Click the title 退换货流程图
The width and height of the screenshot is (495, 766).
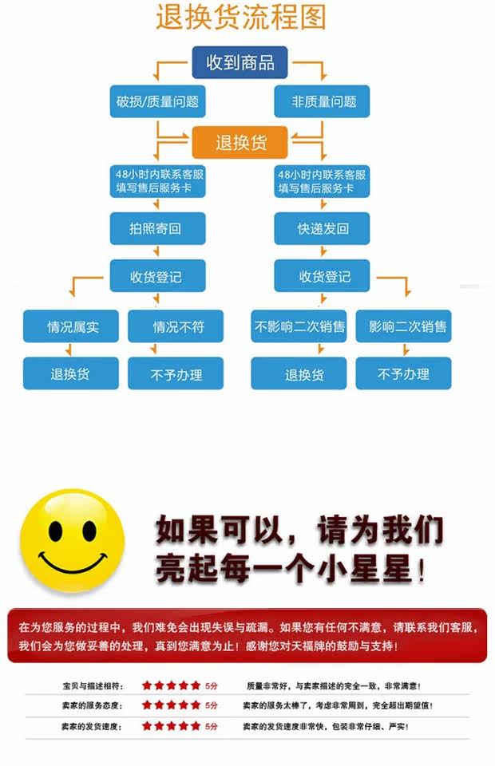pos(240,18)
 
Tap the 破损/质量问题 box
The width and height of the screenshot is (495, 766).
pos(157,101)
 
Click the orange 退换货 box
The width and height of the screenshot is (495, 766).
pos(240,143)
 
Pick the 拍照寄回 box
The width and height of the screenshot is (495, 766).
pos(156,228)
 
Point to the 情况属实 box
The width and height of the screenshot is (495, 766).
pos(72,326)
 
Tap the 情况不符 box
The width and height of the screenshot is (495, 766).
pos(177,326)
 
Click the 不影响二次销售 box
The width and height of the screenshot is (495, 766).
pos(299,326)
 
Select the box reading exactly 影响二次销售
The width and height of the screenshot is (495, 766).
pos(404,326)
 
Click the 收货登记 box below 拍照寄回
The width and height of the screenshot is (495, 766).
pos(156,277)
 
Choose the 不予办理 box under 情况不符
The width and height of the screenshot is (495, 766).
pos(177,373)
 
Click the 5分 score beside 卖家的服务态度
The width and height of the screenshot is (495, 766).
pos(212,705)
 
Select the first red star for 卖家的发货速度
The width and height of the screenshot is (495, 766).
pos(147,726)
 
